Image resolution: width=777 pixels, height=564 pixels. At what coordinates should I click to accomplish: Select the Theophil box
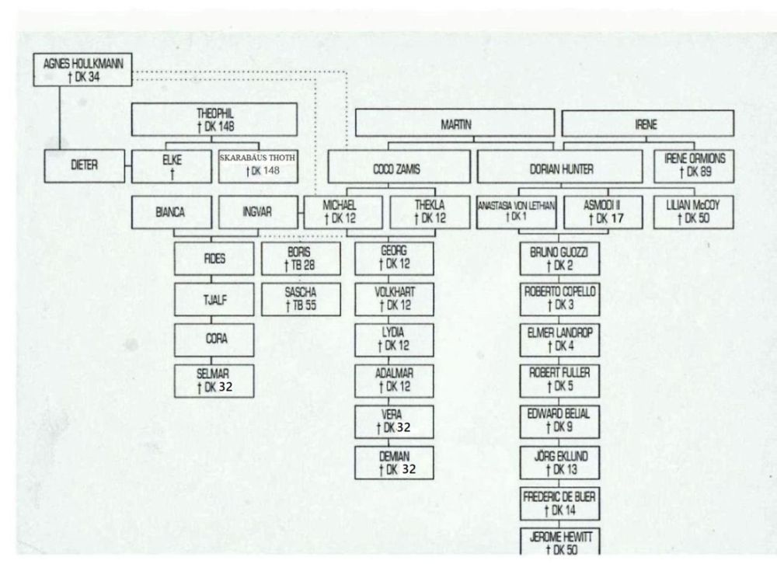tap(215, 120)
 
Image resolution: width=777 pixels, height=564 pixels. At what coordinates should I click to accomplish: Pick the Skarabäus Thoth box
tap(258, 165)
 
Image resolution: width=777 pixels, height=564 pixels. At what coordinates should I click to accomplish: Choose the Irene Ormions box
tap(693, 165)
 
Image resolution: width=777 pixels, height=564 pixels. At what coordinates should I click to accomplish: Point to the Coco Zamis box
tap(399, 167)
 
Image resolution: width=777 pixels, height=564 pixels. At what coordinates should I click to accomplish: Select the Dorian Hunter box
tap(560, 167)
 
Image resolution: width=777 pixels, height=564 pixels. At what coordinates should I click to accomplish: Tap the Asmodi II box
tap(605, 212)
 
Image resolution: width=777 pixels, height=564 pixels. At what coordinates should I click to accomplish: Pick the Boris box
tap(301, 259)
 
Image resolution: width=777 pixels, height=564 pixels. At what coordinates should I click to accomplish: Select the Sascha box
tap(301, 299)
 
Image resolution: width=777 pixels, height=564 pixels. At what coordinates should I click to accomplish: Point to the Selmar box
tap(212, 381)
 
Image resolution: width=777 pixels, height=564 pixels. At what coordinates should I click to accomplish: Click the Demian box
tap(394, 462)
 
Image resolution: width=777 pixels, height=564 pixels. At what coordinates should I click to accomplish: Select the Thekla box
tap(428, 212)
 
